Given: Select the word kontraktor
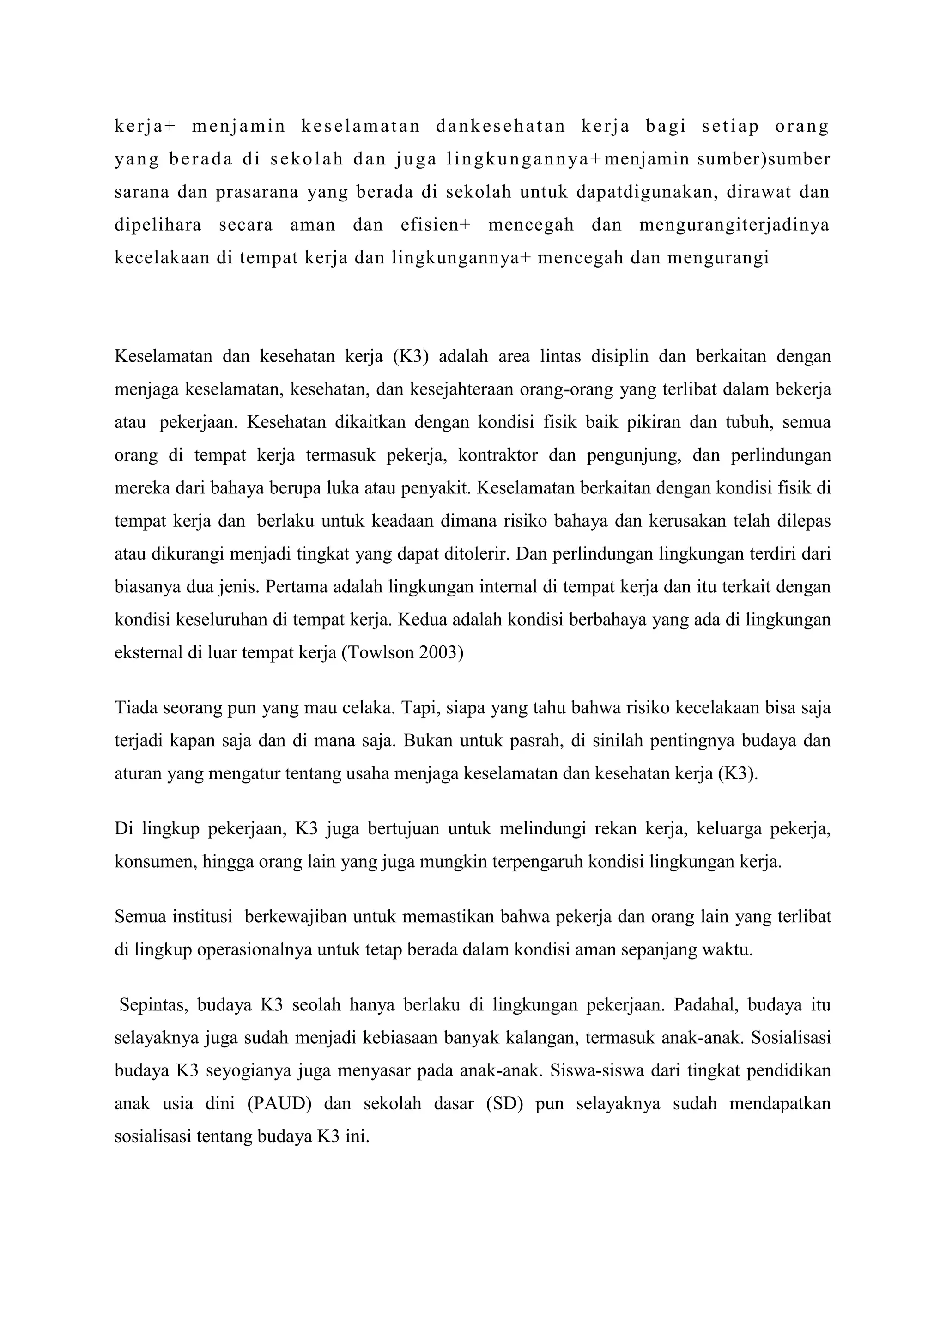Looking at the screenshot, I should [498, 455].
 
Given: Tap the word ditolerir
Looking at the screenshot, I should [475, 553].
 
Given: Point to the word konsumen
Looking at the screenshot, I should [153, 861].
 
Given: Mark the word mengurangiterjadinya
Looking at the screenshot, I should [734, 225].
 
